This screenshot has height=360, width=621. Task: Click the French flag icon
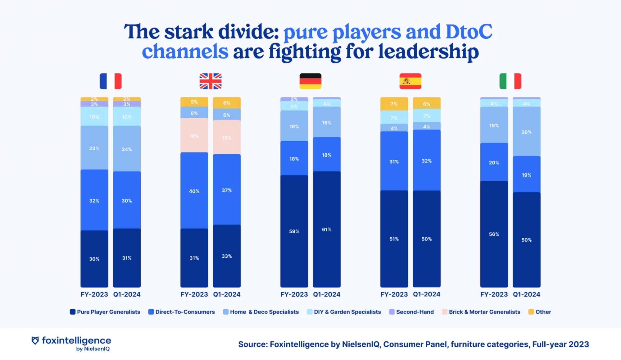coord(111,81)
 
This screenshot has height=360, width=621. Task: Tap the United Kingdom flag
coord(211,81)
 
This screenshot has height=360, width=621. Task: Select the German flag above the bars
coord(310,81)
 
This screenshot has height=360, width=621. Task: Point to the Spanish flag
coord(410,81)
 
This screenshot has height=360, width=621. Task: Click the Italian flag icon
coord(510,81)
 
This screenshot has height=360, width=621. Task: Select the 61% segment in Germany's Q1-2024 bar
coord(327,229)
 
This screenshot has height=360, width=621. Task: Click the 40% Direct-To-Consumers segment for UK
coord(194,191)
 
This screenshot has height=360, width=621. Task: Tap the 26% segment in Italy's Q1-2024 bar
coord(526,132)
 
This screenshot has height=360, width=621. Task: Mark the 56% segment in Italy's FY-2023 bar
coord(494,234)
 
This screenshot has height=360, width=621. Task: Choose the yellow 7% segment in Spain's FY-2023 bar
coord(394,104)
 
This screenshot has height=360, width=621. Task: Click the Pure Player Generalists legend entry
coord(105,312)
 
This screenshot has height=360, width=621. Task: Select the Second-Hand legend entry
coord(411,312)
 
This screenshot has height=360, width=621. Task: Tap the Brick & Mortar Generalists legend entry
coord(481,312)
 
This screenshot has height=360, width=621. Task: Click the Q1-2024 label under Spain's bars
coord(427,294)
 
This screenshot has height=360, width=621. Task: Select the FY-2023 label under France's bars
coord(94,294)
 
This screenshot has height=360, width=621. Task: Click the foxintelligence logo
coord(71,343)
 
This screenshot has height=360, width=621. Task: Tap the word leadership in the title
coord(428,52)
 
